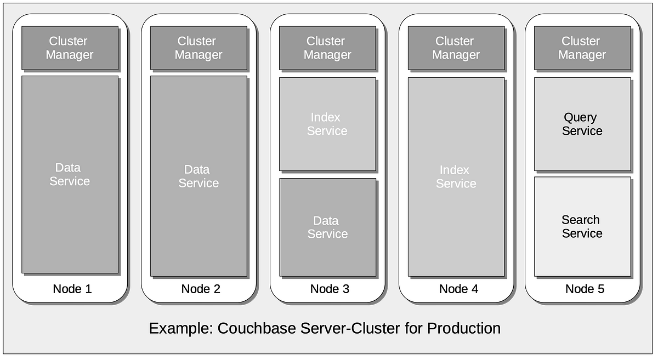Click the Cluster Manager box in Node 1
pos(70,48)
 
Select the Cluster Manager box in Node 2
pos(198,48)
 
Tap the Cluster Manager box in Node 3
pos(327,48)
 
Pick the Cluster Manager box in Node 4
pos(456,48)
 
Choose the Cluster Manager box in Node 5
pos(582,48)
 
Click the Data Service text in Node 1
pos(70,174)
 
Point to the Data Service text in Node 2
pos(198,176)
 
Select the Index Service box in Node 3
pos(327,124)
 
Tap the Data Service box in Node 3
pos(327,227)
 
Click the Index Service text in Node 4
pos(456,177)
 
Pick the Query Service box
pos(582,124)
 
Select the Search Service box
pos(582,227)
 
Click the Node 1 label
pos(72,289)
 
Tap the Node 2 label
pos(201,289)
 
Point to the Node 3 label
pos(330,289)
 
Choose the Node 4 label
pos(458,289)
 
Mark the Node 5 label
pos(585,289)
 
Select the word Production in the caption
pos(464,329)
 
